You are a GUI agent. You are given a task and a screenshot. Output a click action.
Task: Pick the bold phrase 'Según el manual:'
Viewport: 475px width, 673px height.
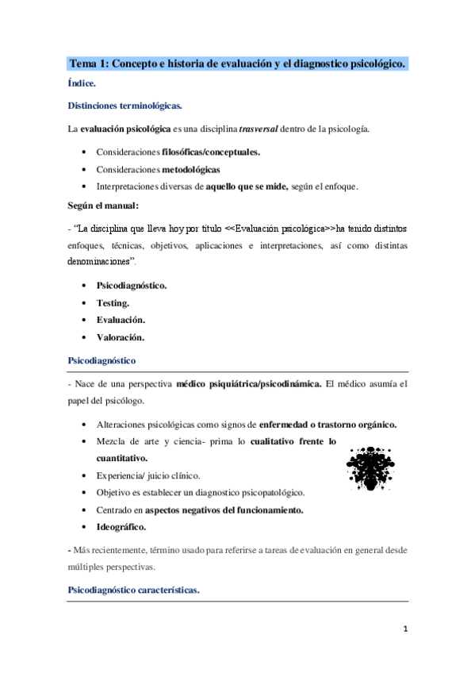click(x=103, y=206)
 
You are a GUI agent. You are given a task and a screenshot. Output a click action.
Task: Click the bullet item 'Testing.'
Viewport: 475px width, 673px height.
click(x=113, y=302)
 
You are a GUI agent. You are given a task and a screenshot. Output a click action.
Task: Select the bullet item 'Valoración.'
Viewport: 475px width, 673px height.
click(x=120, y=337)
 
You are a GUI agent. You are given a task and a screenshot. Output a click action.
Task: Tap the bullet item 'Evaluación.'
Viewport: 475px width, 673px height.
click(x=121, y=320)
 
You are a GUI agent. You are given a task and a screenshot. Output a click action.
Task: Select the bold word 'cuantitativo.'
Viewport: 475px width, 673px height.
click(x=122, y=458)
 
